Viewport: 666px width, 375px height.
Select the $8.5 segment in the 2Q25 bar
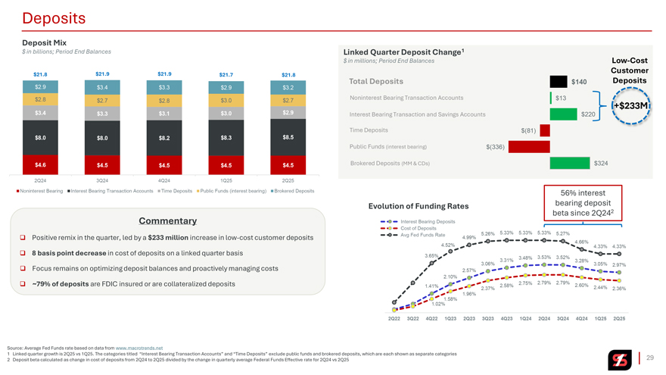click(288, 137)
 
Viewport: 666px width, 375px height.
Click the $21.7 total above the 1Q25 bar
click(226, 74)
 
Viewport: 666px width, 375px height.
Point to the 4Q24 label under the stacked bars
click(163, 180)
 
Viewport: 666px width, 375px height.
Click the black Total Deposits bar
click(559, 82)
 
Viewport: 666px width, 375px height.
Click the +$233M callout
click(630, 105)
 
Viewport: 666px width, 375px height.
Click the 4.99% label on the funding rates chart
click(469, 237)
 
